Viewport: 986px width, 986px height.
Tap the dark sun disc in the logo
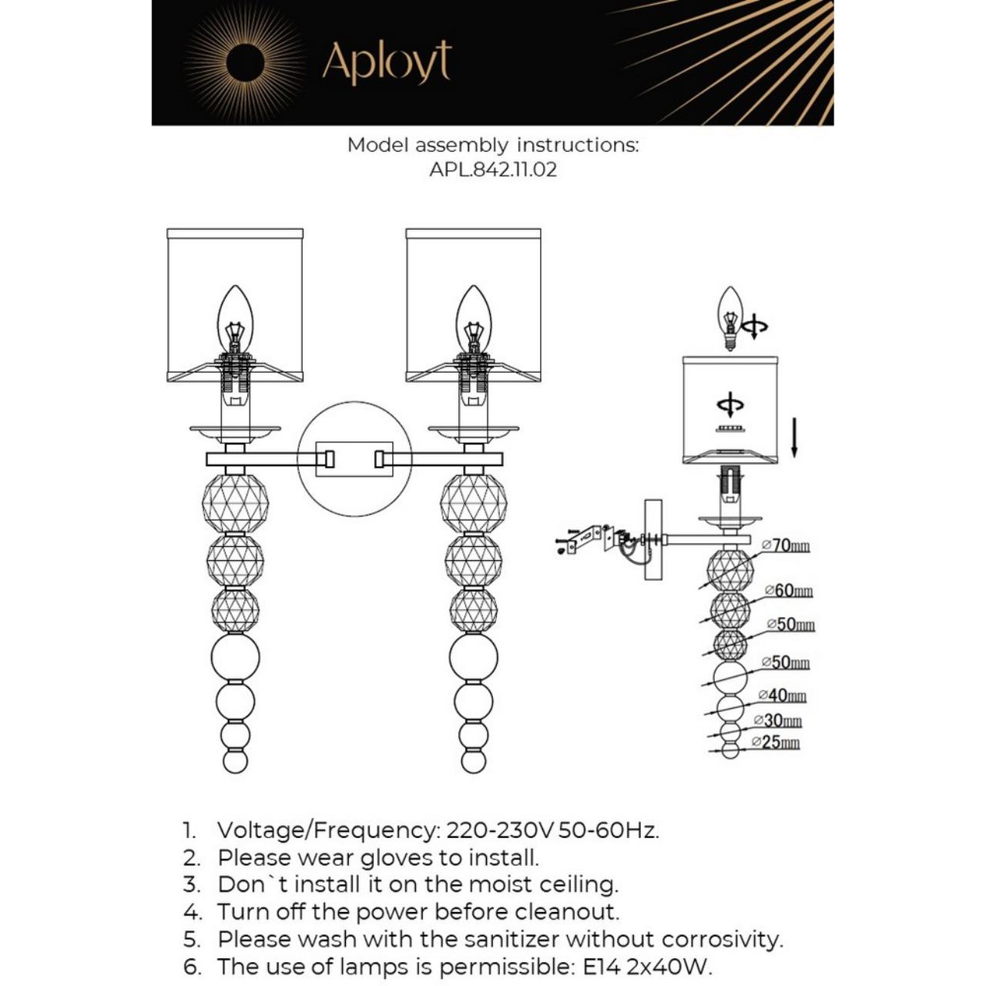coord(245,62)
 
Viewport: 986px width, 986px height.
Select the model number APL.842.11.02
coord(492,169)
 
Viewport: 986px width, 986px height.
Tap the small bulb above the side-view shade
coord(729,317)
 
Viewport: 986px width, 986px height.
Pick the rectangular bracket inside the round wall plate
coord(354,459)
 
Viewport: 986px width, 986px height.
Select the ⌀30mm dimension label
coord(781,720)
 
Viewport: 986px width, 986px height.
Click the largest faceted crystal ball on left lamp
coord(235,501)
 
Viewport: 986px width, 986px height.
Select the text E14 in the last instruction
coord(600,967)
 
